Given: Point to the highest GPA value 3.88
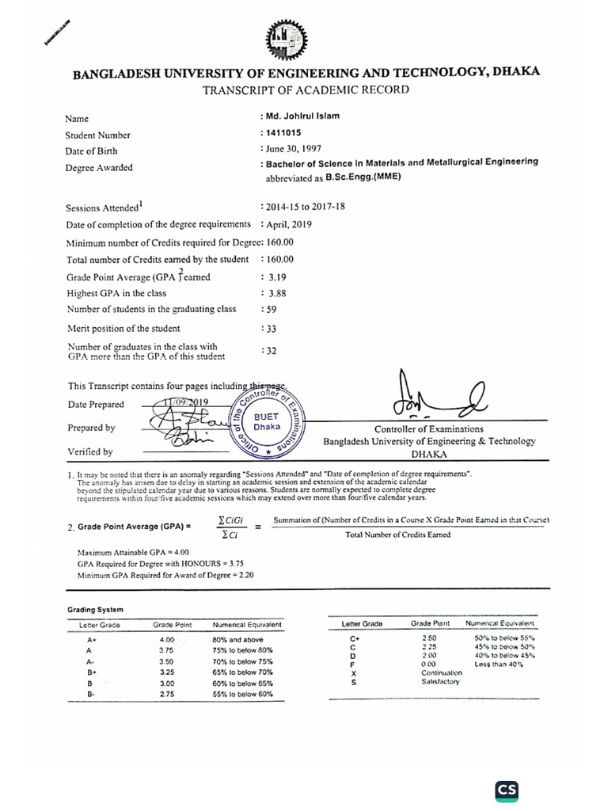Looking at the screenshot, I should click(276, 293).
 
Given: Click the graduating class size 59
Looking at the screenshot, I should click(270, 309).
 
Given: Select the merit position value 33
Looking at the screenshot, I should click(270, 328).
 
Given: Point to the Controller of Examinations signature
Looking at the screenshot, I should click(431, 397).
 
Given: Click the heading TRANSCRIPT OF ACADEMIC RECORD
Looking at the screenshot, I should click(306, 89).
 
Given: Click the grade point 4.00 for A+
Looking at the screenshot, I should click(167, 638).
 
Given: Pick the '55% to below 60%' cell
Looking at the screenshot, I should click(242, 694).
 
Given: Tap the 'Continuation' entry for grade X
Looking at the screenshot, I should click(442, 672).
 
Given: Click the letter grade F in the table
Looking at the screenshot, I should click(354, 664).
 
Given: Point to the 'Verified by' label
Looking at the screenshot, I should click(89, 452).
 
